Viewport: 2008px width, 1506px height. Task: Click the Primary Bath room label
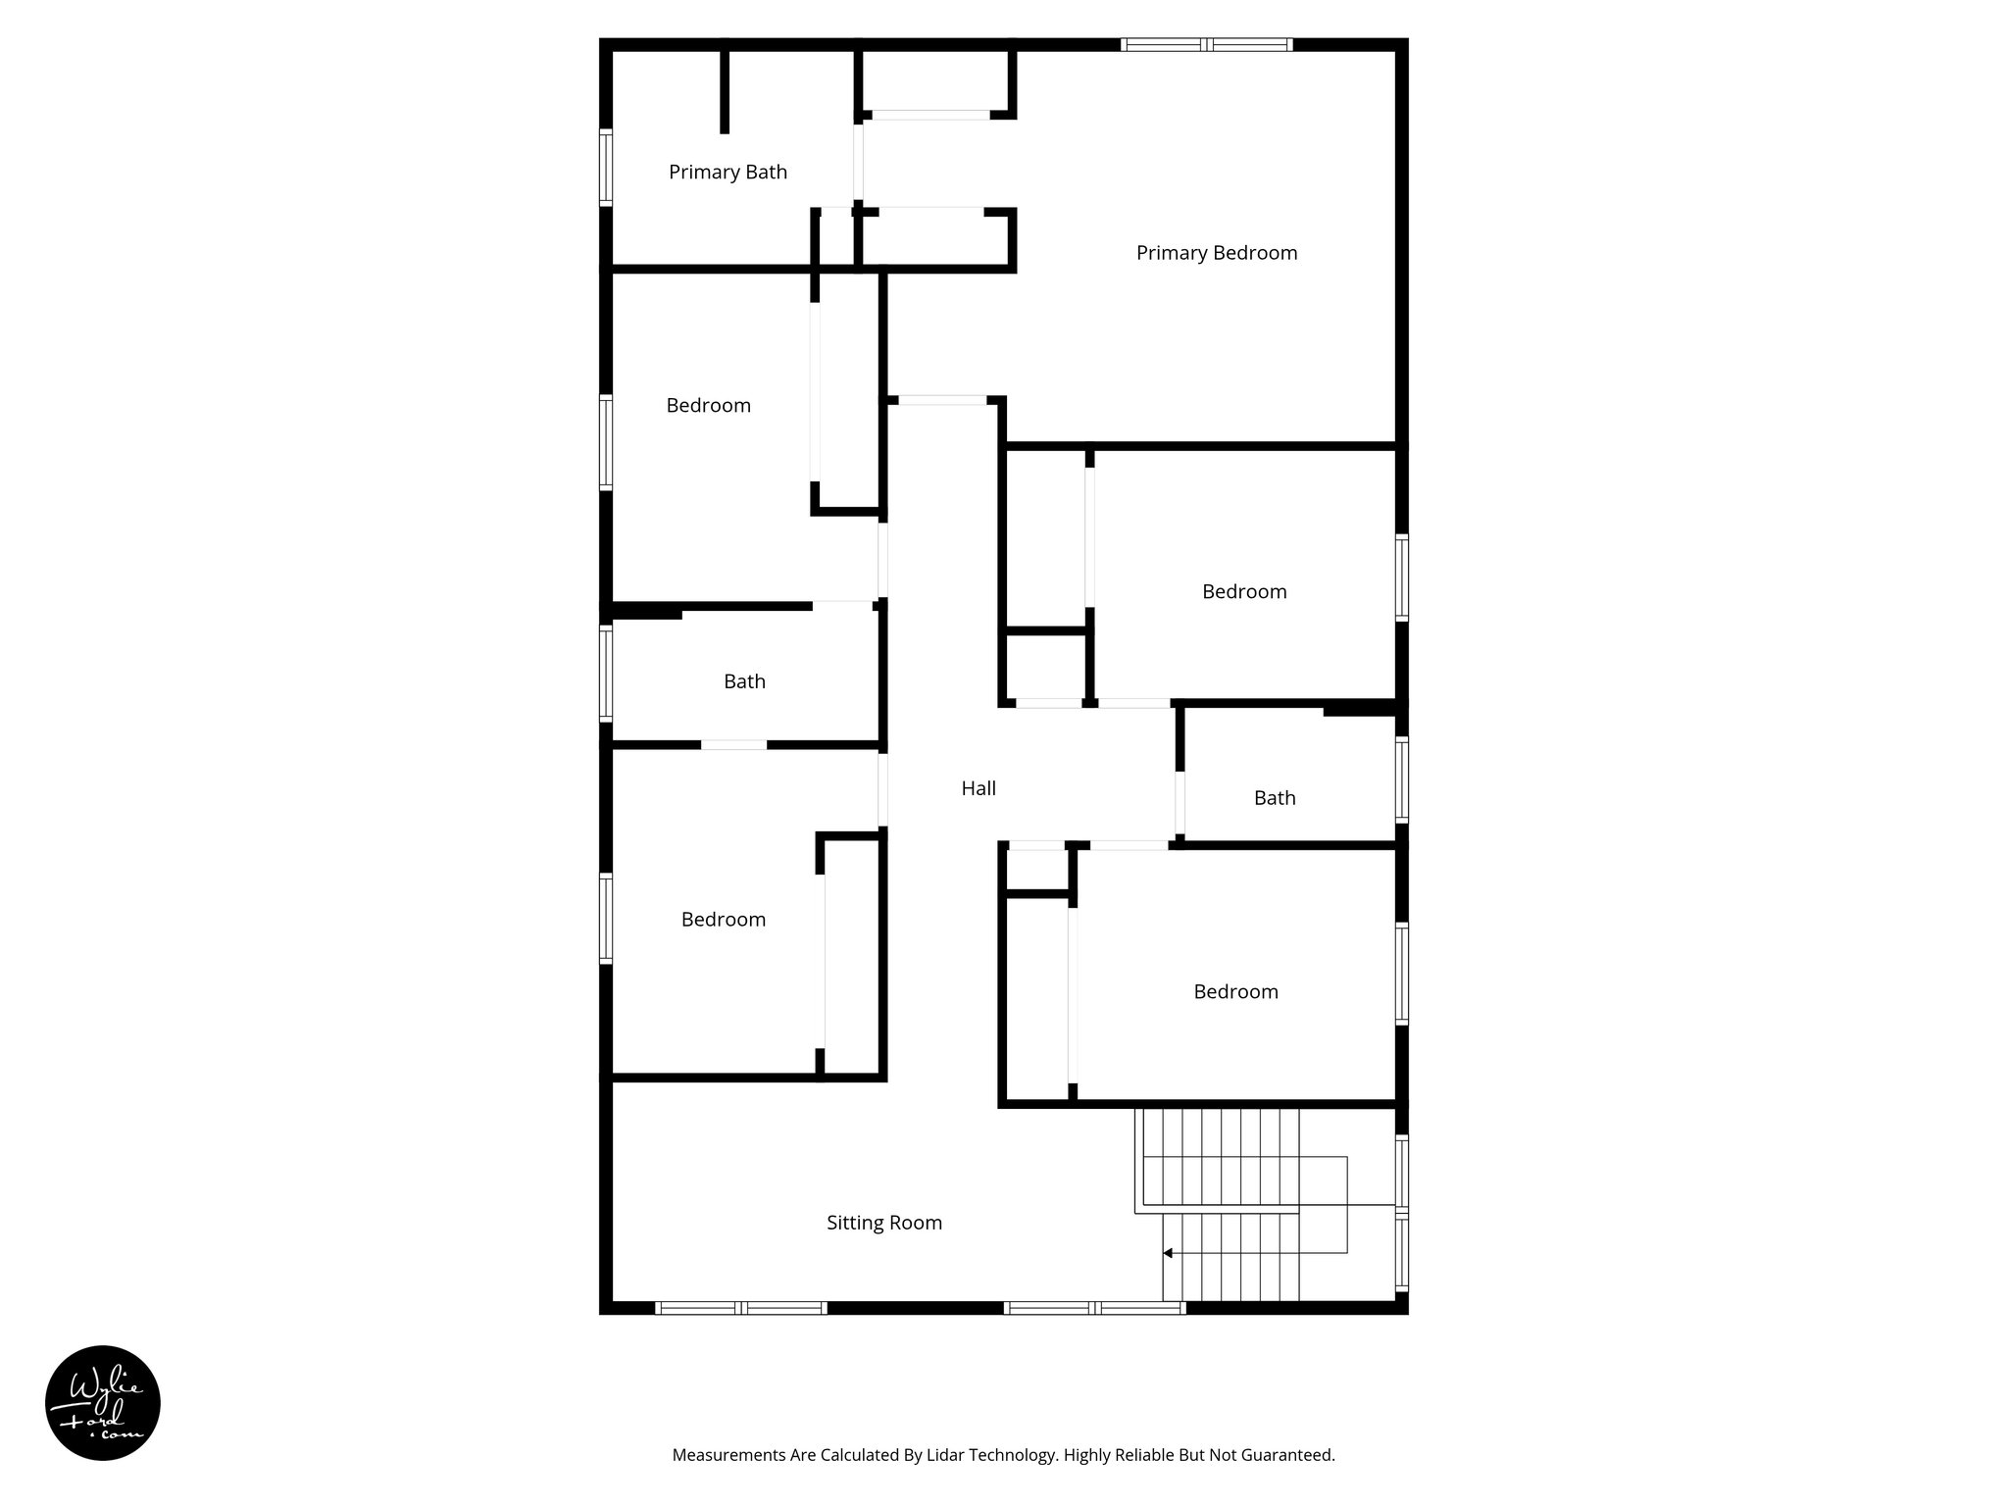(x=728, y=173)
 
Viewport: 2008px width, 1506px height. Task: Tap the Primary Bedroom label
(x=1216, y=253)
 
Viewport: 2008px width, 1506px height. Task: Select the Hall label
(x=978, y=788)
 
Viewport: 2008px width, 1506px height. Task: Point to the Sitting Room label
(x=883, y=1223)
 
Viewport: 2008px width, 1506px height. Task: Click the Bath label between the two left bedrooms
(x=744, y=681)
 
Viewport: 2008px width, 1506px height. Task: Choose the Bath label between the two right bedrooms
(x=1274, y=798)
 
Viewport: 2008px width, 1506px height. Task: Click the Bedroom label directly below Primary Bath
(x=708, y=406)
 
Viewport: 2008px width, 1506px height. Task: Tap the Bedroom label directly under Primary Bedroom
(x=1243, y=592)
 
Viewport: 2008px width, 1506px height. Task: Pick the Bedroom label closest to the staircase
(x=1234, y=992)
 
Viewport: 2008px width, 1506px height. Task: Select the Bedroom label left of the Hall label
(x=723, y=920)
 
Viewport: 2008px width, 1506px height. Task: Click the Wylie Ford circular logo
(x=103, y=1403)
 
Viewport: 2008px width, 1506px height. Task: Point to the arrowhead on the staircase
(x=1168, y=1253)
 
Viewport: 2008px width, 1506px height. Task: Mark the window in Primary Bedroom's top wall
(x=1207, y=44)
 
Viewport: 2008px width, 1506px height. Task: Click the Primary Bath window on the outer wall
(x=606, y=168)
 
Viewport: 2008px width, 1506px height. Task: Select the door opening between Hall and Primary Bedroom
(x=942, y=400)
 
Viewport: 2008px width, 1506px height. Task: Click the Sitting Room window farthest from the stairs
(x=740, y=1307)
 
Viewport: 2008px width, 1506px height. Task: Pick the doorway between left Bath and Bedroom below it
(x=733, y=745)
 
